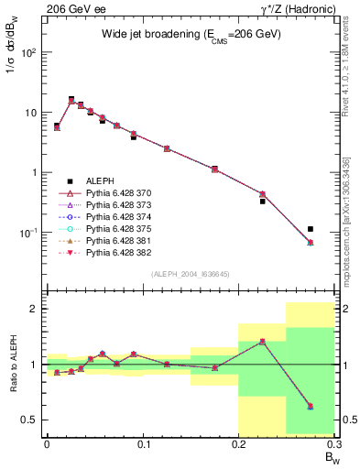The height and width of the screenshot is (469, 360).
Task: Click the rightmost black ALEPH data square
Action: [x=311, y=229]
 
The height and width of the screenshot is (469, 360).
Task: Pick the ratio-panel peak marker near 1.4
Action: [x=262, y=342]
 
